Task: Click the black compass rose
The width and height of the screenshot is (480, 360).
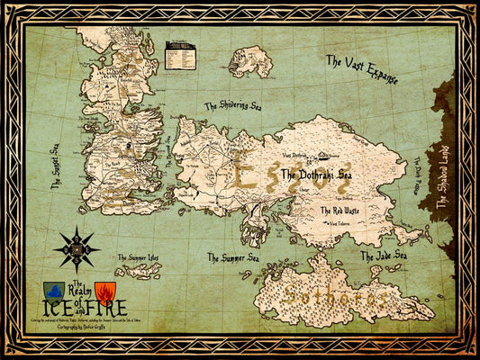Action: pyautogui.click(x=76, y=248)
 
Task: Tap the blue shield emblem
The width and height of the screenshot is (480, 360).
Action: pyautogui.click(x=53, y=292)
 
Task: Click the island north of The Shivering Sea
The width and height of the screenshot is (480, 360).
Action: pyautogui.click(x=250, y=60)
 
